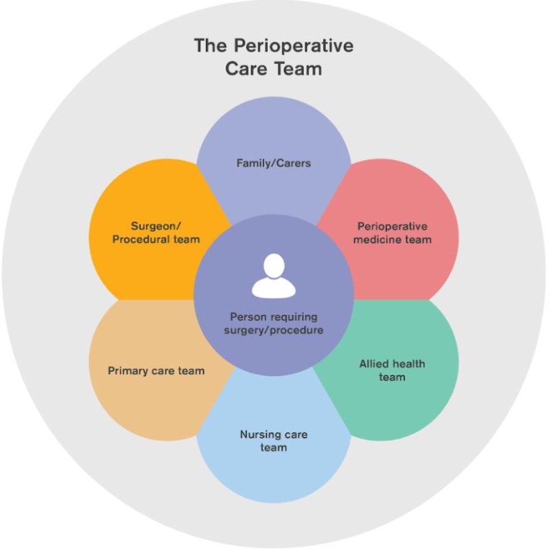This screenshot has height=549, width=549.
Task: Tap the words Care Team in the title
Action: pos(274,69)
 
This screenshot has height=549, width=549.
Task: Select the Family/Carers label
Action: pos(274,163)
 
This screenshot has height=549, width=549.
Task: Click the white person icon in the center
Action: pos(273,277)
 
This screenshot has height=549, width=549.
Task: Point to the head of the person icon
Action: pos(273,265)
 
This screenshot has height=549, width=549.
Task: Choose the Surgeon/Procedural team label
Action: pos(165,233)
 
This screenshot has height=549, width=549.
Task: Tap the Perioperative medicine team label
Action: pos(393,233)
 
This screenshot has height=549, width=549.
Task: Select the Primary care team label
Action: pos(156,371)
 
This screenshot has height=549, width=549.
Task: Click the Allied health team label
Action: pos(392,370)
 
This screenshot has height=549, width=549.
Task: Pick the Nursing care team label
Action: pos(273,441)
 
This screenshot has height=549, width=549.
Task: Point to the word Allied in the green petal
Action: pos(375,364)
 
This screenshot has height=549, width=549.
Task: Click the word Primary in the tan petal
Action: pos(128,371)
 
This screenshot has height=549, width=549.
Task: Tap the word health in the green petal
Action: pos(410,364)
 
